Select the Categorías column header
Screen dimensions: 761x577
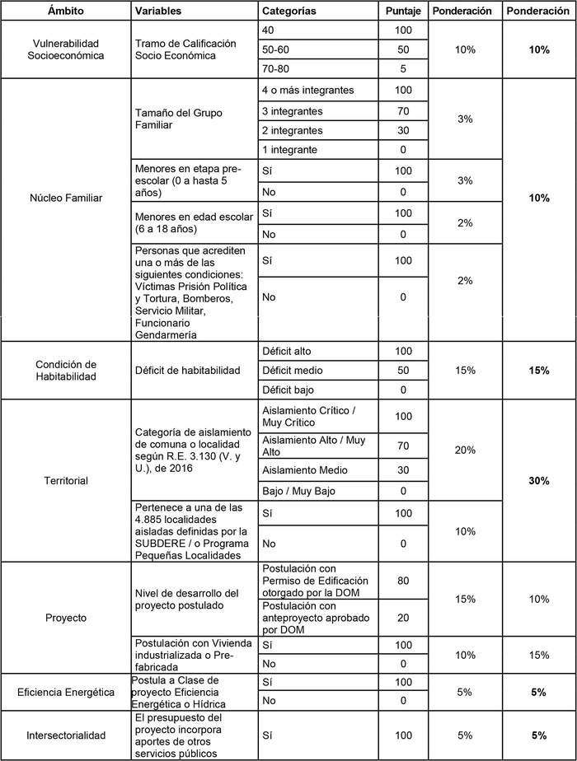(289, 12)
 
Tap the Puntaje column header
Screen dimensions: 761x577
(403, 12)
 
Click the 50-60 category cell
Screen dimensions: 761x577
(276, 49)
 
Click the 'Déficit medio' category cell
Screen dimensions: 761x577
(292, 371)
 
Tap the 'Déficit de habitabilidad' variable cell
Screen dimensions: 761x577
(187, 371)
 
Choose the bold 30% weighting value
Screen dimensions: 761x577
(539, 480)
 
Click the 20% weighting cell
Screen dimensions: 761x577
(464, 451)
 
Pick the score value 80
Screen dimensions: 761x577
(403, 581)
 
